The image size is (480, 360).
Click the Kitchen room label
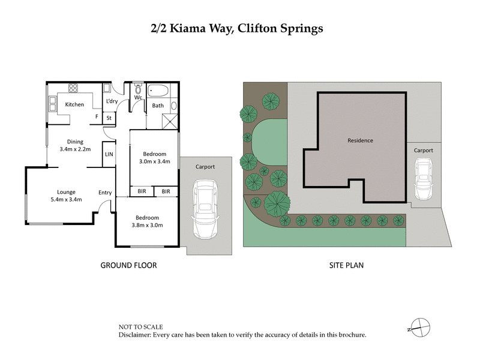click(74, 105)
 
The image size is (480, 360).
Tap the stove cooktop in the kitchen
click(73, 88)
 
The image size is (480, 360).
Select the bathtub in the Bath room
click(157, 91)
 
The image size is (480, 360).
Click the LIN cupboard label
click(109, 154)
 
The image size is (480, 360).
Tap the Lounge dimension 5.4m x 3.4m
click(65, 199)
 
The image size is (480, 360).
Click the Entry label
click(105, 193)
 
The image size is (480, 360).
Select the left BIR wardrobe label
click(142, 191)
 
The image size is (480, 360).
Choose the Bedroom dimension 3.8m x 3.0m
click(146, 225)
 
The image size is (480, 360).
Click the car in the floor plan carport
click(205, 210)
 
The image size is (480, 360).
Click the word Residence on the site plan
click(360, 140)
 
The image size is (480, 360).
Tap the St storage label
click(109, 118)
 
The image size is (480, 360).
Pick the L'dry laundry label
click(112, 101)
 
